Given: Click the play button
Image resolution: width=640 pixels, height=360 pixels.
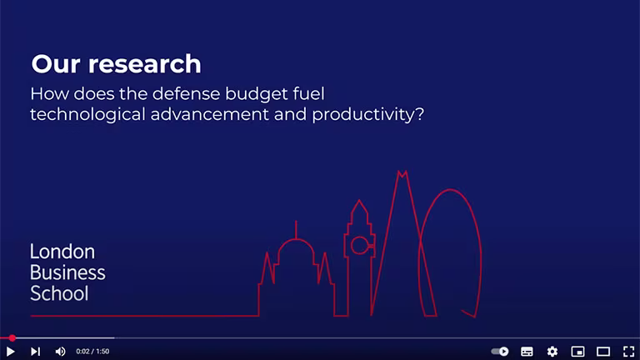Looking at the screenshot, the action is click(x=11, y=352).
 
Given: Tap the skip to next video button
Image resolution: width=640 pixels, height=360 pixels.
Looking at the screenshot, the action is click(x=36, y=352).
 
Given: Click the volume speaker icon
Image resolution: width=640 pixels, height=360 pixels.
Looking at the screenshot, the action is click(x=60, y=352).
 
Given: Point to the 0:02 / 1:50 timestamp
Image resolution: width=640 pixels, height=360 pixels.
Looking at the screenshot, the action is click(x=92, y=352).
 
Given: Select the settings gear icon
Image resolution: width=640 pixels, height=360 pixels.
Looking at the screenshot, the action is click(x=552, y=352).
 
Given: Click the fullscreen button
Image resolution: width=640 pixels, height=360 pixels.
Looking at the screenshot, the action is click(x=629, y=352).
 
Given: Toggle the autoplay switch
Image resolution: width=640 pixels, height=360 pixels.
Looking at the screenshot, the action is click(x=500, y=352).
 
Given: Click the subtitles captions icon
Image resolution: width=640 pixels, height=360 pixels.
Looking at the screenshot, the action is click(x=527, y=352).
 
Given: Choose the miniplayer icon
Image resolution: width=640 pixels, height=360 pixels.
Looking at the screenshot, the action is click(x=578, y=352).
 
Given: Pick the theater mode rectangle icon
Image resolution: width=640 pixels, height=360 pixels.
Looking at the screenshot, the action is click(x=603, y=352).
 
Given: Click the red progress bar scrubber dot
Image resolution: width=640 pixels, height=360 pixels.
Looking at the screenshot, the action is click(x=12, y=338).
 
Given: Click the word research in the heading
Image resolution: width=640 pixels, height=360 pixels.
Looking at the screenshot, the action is click(x=145, y=64).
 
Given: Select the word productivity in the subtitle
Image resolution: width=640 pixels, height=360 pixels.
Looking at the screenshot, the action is click(x=367, y=115).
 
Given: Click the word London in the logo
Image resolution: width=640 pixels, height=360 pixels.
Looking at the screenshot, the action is click(x=62, y=252).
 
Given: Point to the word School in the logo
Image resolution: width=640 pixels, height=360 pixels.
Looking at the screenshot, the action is click(x=59, y=293).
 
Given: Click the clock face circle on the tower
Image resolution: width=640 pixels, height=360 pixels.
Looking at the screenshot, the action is click(x=360, y=245).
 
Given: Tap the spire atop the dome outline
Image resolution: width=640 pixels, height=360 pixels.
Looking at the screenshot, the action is click(x=296, y=230).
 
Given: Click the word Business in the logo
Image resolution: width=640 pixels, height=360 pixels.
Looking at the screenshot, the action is click(x=67, y=272).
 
